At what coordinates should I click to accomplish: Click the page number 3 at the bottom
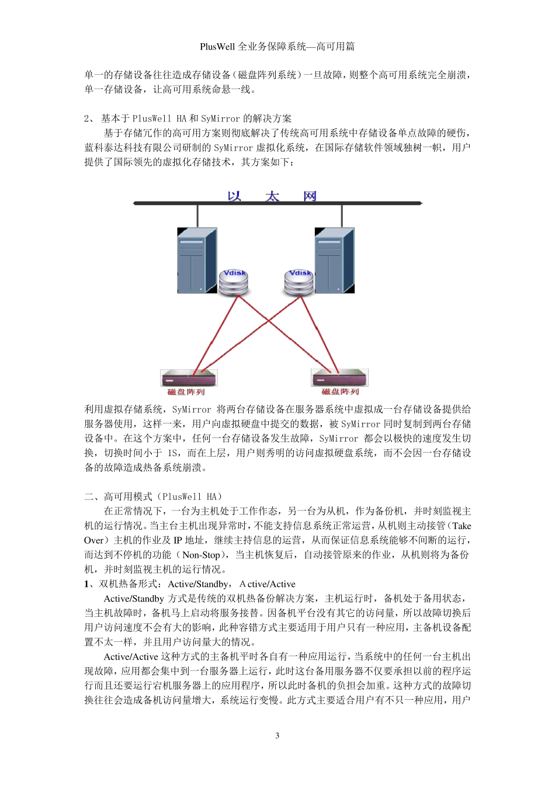click(x=277, y=735)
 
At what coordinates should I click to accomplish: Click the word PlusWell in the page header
click(x=217, y=47)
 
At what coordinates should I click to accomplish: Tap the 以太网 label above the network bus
click(x=272, y=196)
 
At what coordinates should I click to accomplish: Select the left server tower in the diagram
click(x=197, y=260)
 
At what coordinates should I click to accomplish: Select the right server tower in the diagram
click(x=334, y=260)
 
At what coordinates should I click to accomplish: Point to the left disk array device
click(x=189, y=377)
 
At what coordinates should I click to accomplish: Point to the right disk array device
click(x=339, y=377)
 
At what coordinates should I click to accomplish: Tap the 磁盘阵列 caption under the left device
click(x=186, y=392)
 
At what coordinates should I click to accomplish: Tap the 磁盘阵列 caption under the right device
click(x=340, y=392)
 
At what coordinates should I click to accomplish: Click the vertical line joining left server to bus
click(x=197, y=216)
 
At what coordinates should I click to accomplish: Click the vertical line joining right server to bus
click(x=341, y=216)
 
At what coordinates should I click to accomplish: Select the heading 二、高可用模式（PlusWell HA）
click(x=153, y=496)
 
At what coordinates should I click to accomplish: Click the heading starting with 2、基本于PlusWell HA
click(x=188, y=119)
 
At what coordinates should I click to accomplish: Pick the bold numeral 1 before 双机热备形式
click(x=86, y=584)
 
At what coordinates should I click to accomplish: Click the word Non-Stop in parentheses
click(x=201, y=555)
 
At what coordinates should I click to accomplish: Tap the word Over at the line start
click(x=93, y=540)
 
